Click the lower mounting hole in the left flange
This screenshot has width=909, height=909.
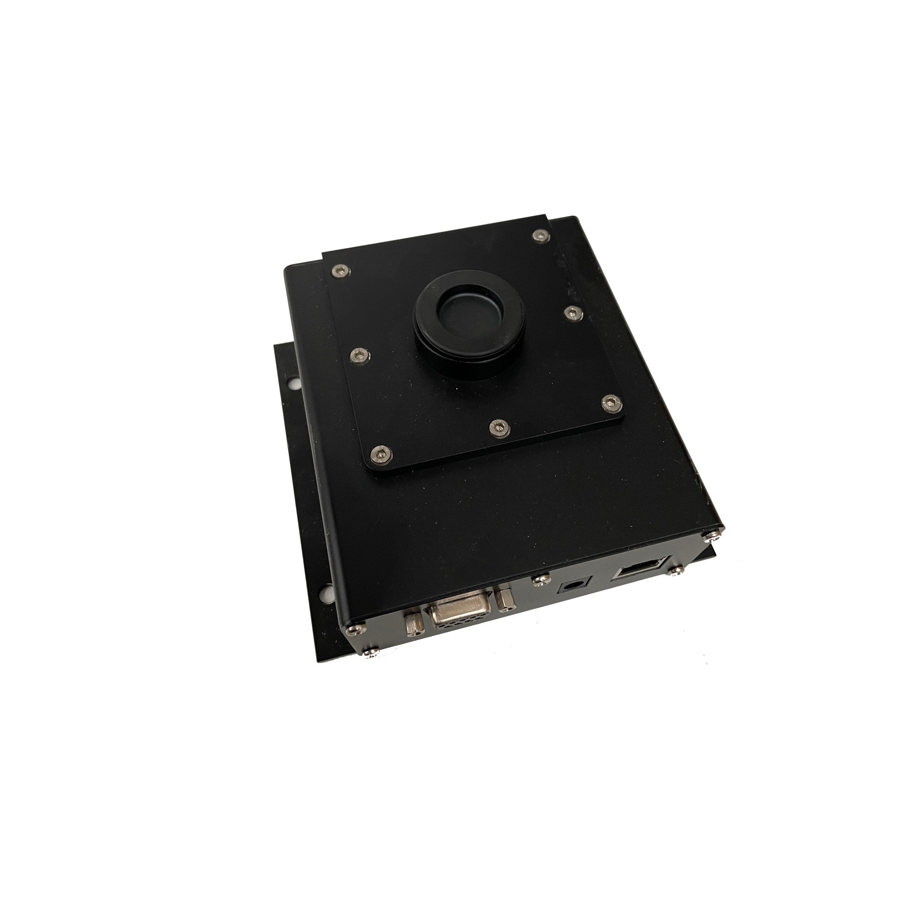pos(324,590)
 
